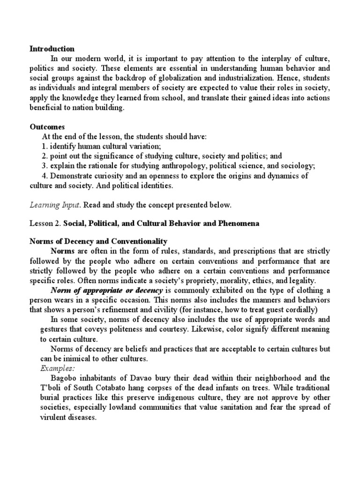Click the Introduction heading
pyautogui.click(x=52, y=48)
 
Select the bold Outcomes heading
pyautogui.click(x=47, y=127)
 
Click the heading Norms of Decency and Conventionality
pyautogui.click(x=98, y=241)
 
